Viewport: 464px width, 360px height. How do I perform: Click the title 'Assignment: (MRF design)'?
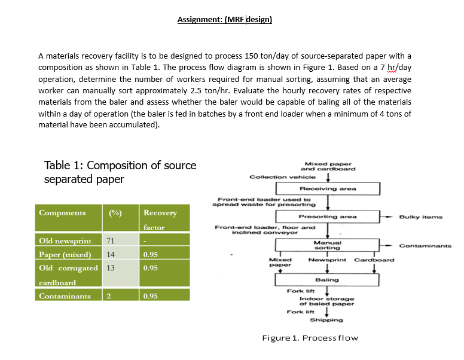coord(224,20)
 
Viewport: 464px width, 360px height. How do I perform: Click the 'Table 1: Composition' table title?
coord(120,172)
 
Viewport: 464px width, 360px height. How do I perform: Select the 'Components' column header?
coord(62,213)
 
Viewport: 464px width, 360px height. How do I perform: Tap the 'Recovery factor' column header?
coord(160,219)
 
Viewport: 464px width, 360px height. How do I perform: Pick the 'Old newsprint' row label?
coord(65,241)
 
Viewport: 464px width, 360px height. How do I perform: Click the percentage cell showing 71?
coord(110,241)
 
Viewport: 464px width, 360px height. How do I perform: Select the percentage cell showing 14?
coord(110,254)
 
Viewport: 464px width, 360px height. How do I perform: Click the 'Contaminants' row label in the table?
coord(65,296)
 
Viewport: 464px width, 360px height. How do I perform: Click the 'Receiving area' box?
coord(328,189)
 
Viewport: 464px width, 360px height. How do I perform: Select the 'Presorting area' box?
coord(328,216)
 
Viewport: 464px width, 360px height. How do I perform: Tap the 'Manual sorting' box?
coord(327,245)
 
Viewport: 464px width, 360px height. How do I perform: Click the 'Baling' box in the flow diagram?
coord(327,280)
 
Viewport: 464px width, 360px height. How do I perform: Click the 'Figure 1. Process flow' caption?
coord(310,338)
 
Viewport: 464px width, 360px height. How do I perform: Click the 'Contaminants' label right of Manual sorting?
coord(425,245)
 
